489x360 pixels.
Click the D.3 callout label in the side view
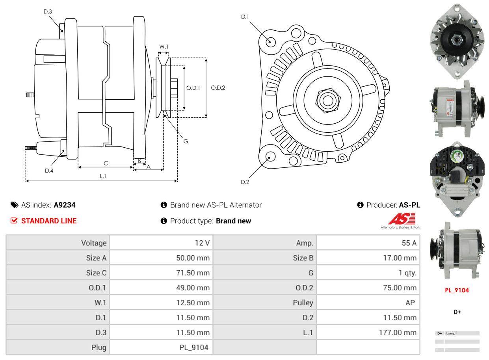coord(48,11)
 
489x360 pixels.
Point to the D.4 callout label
coord(49,171)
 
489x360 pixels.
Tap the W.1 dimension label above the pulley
coord(164,46)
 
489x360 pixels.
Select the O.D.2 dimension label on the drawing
coord(218,88)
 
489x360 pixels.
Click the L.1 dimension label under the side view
coord(102,176)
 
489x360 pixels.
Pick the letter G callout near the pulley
coord(186,141)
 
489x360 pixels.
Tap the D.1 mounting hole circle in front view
coord(270,41)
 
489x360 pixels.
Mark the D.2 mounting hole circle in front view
coord(270,156)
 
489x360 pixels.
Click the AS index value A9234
coord(65,205)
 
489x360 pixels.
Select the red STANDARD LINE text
coord(49,221)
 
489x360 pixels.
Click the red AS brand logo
coord(402,219)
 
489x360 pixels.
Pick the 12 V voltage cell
coord(202,243)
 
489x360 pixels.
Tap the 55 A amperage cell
coord(409,243)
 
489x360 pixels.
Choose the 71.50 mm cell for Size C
coord(193,273)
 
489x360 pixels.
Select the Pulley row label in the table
coord(303,303)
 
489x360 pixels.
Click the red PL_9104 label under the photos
coord(457,290)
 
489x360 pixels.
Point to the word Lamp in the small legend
coord(451,333)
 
